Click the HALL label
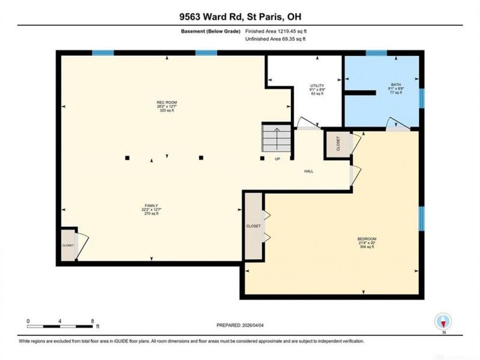click(308, 172)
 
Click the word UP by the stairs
click(277, 160)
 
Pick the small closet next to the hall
click(337, 145)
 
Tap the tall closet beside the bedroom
click(253, 227)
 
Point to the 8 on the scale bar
click(92, 321)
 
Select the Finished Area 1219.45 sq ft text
click(280, 31)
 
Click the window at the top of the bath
click(376, 53)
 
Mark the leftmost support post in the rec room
click(127, 158)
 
